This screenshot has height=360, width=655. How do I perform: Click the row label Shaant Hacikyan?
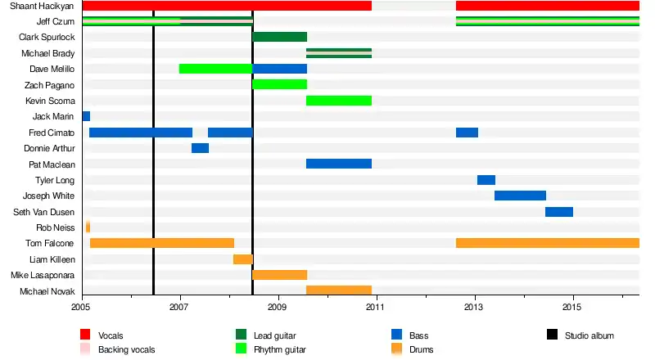click(40, 6)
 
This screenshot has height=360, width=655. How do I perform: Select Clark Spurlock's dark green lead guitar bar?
click(280, 37)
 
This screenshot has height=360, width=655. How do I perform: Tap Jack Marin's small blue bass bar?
click(86, 116)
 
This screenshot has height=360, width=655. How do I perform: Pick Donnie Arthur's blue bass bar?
click(200, 148)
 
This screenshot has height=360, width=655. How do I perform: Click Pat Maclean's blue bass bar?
click(339, 164)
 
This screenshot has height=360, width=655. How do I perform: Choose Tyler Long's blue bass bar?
click(486, 180)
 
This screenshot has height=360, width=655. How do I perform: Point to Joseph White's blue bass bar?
click(520, 196)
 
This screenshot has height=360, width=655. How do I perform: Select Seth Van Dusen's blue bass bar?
click(559, 212)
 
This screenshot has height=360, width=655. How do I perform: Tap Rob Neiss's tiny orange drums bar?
click(88, 227)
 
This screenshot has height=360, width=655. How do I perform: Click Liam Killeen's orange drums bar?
click(243, 259)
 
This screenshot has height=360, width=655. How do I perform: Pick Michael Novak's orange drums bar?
click(339, 290)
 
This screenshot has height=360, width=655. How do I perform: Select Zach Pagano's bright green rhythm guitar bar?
click(280, 84)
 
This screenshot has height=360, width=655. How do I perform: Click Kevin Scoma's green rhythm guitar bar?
click(339, 101)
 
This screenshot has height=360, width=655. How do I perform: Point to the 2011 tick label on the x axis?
click(375, 307)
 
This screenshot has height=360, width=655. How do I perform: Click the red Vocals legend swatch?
click(85, 335)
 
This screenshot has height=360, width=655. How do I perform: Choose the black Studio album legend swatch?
click(552, 335)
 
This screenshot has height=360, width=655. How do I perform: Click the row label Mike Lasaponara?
click(47, 275)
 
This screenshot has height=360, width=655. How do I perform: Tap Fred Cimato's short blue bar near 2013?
click(467, 133)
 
